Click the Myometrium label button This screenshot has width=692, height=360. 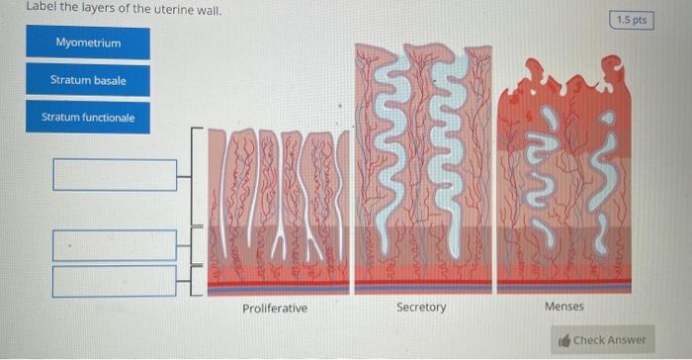pyautogui.click(x=88, y=43)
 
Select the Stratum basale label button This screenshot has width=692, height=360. pyautogui.click(x=88, y=80)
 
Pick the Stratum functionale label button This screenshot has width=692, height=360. pyautogui.click(x=88, y=117)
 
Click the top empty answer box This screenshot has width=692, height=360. pyautogui.click(x=115, y=175)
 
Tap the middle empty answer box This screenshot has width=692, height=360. pyautogui.click(x=115, y=245)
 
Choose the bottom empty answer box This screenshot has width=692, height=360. pyautogui.click(x=115, y=281)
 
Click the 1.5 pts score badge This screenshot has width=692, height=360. pyautogui.click(x=632, y=21)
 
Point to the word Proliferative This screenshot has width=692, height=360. pyautogui.click(x=275, y=308)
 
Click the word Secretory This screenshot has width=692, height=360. pyautogui.click(x=421, y=307)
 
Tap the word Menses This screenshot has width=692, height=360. pyautogui.click(x=564, y=306)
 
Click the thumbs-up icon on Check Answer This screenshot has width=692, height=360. pyautogui.click(x=564, y=340)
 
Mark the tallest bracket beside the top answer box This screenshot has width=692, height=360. pyautogui.click(x=192, y=177)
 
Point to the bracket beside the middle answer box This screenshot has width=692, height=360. pyautogui.click(x=191, y=245)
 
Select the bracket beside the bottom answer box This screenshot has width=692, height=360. pyautogui.click(x=191, y=281)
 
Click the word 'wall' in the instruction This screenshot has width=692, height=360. pyautogui.click(x=209, y=10)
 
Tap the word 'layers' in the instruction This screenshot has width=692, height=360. pyautogui.click(x=97, y=8)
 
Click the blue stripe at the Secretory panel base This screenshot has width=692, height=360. pyautogui.click(x=423, y=288)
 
